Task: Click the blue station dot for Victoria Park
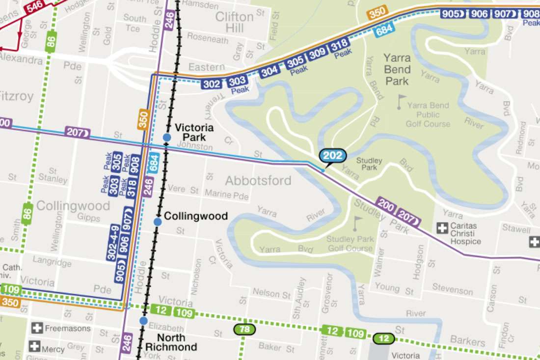pos(167,138)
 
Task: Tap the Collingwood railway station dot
pos(158,222)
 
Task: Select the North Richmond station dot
pos(143,321)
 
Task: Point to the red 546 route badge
pos(35,6)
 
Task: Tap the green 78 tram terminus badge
pos(244,329)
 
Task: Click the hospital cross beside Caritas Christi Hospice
pos(443,228)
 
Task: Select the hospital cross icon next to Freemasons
pos(37,328)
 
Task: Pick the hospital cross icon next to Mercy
pos(34,346)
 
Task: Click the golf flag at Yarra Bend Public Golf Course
pos(403,101)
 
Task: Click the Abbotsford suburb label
pos(258,180)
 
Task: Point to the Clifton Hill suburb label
pos(235,22)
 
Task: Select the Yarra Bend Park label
pos(397,69)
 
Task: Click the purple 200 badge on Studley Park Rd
pos(386,205)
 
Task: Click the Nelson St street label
pos(271,294)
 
